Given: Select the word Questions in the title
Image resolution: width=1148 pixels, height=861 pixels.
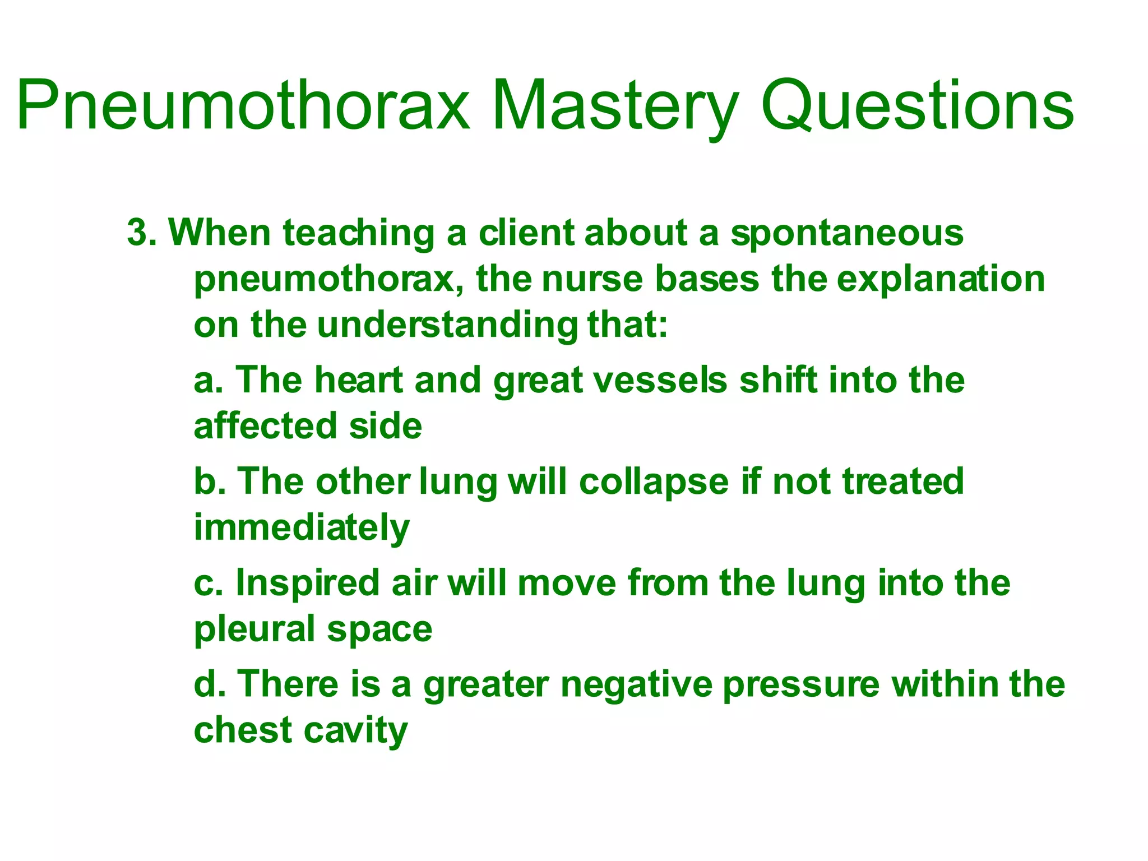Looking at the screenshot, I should (916, 105).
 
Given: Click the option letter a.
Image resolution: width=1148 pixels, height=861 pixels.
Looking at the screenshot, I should (206, 380).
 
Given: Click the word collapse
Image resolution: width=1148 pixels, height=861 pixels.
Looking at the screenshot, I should (654, 482).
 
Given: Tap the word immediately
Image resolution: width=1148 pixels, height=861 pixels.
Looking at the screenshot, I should (302, 528).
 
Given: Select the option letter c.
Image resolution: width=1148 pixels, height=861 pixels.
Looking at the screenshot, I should (206, 583).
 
